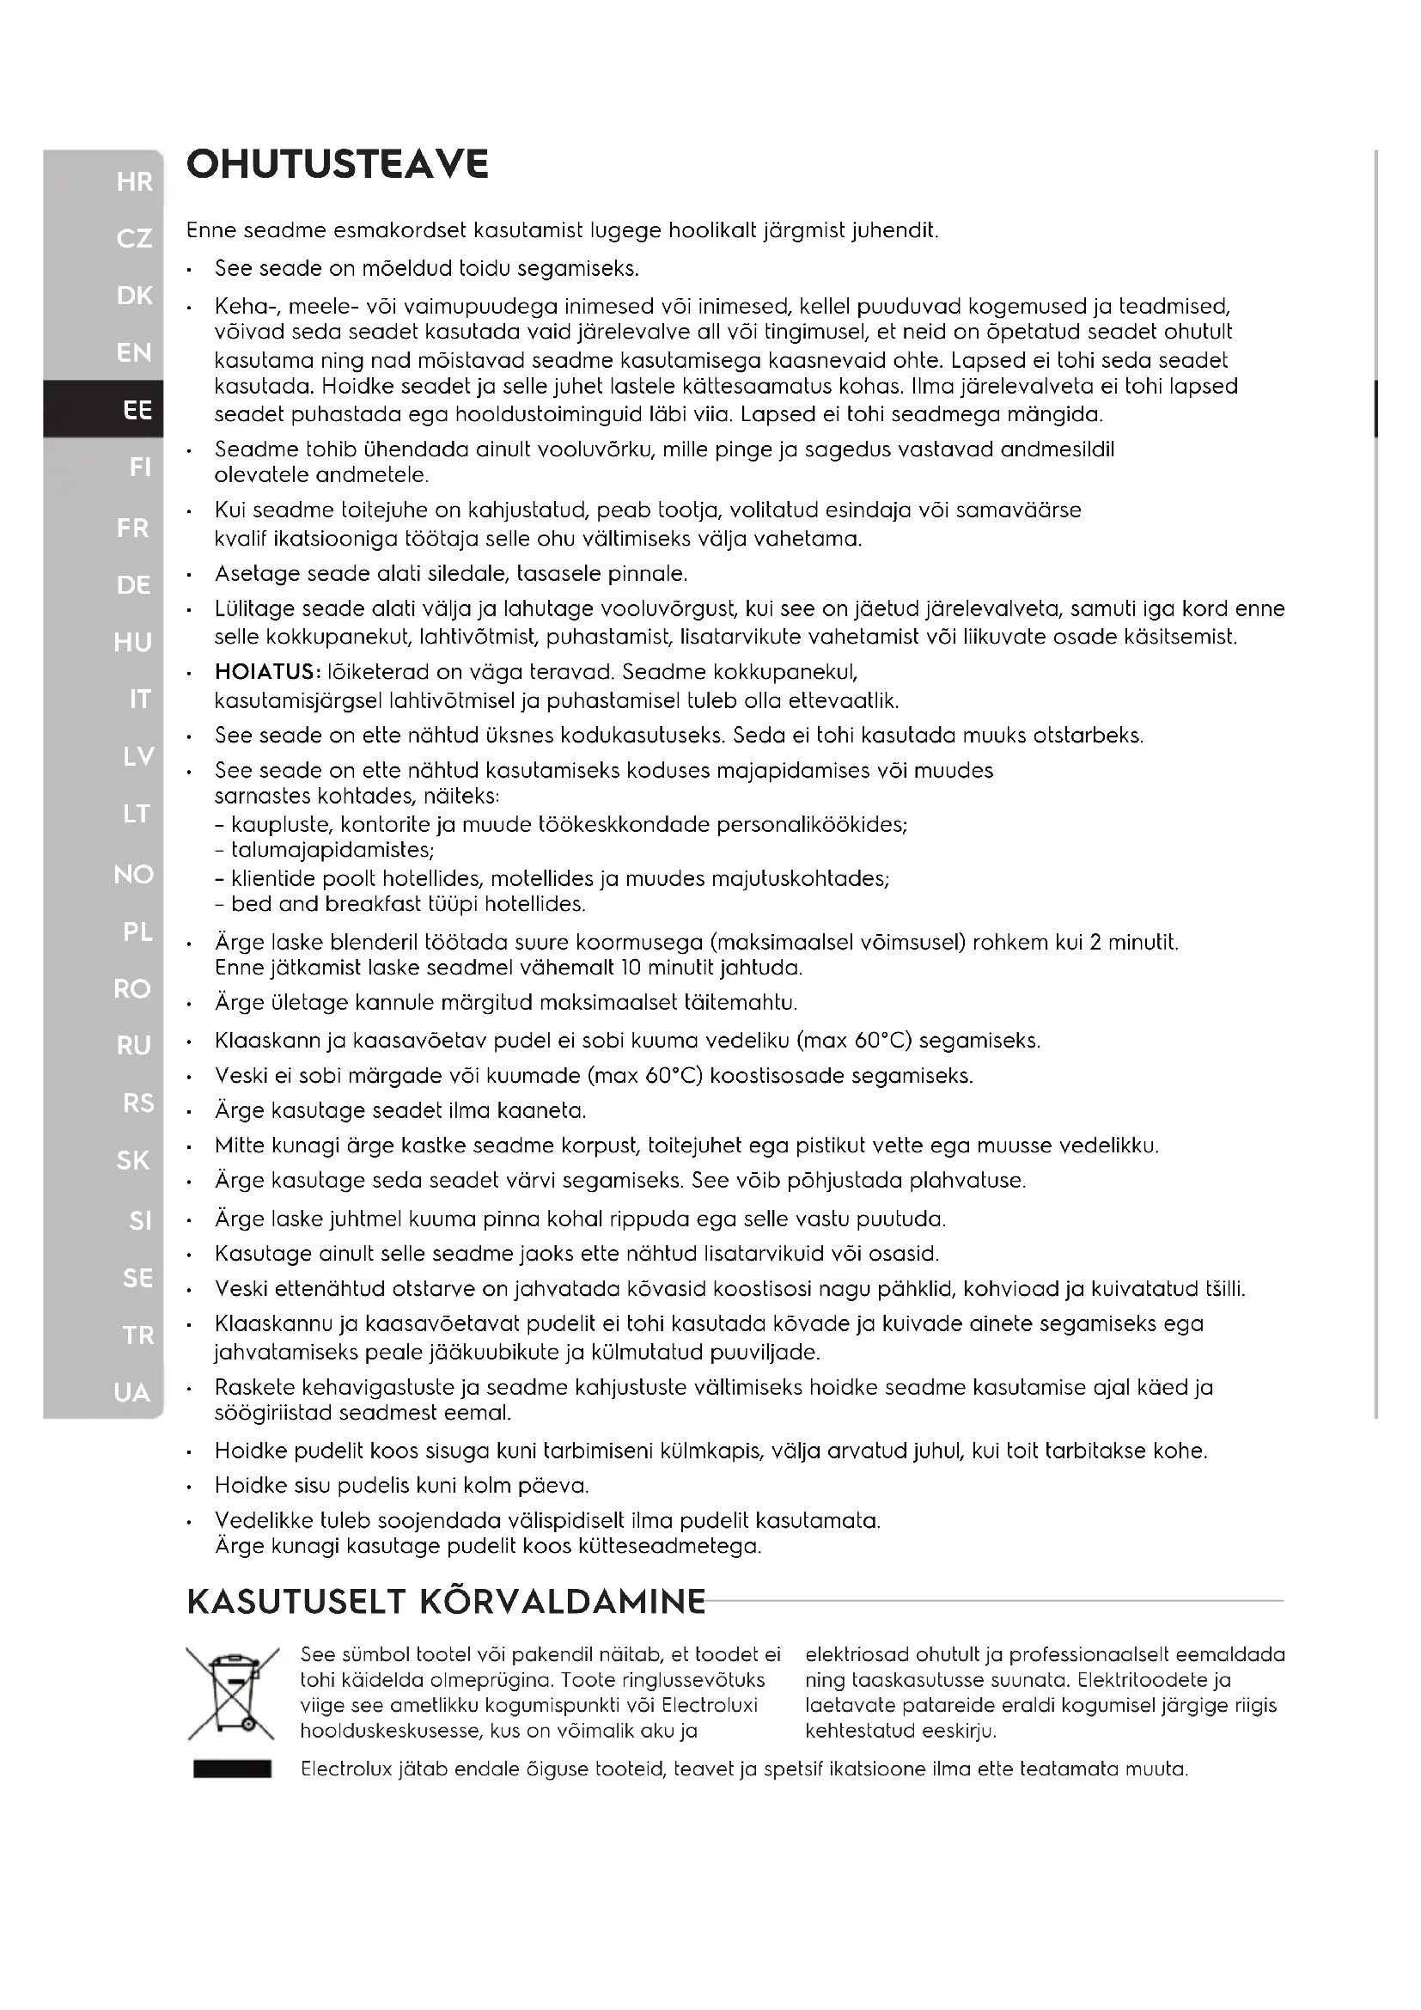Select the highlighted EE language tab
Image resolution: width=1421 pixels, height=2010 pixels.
pyautogui.click(x=137, y=410)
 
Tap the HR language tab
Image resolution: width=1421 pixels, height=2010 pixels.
pyautogui.click(x=134, y=182)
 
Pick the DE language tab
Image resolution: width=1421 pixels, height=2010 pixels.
pyautogui.click(x=133, y=585)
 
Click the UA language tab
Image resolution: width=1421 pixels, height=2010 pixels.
pyautogui.click(x=131, y=1393)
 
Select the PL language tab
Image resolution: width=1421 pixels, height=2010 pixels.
pyautogui.click(x=137, y=932)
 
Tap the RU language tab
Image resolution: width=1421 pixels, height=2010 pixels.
pyautogui.click(x=133, y=1045)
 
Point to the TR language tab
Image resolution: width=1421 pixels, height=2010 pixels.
pyautogui.click(x=137, y=1335)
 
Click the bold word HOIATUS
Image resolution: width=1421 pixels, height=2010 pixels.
pyautogui.click(x=267, y=672)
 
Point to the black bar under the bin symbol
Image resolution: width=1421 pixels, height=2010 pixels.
pyautogui.click(x=232, y=1769)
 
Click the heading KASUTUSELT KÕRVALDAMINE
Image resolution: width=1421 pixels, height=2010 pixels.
pyautogui.click(x=445, y=1601)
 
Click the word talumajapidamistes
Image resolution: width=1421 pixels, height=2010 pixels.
pyautogui.click(x=332, y=850)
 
